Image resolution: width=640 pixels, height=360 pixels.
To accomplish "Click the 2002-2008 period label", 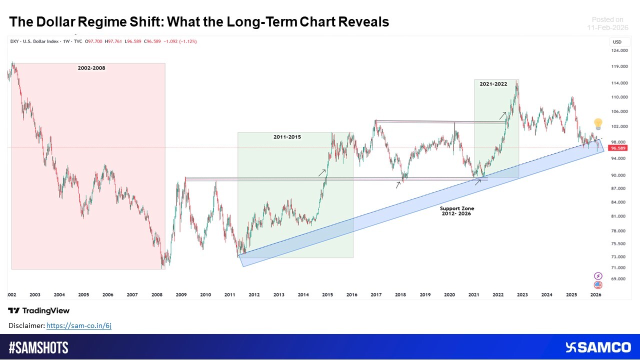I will coord(91,67).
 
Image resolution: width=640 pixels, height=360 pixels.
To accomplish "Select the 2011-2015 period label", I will coord(287,136).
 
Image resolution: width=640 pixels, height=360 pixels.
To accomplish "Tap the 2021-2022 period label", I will coord(493,84).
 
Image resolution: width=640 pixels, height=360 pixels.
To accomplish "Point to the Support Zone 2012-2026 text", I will coord(456,210).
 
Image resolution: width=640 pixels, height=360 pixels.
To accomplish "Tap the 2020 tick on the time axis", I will coord(449,295).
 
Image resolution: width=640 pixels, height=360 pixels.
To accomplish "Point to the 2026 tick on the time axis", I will coord(595,295).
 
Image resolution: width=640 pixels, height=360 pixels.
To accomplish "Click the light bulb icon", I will coord(597,124).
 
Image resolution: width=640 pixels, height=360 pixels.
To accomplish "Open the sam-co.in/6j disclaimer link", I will coord(78,325).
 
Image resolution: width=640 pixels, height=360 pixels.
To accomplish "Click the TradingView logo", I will coord(39,310).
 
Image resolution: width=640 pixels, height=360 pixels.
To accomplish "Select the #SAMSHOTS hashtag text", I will coord(38,347).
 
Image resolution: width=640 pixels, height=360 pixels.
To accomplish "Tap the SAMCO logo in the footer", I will coord(597,347).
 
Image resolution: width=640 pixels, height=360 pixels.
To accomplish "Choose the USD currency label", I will coord(617,41).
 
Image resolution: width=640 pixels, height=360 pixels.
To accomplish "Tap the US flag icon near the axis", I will coord(597,284).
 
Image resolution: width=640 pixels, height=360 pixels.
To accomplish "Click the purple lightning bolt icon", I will coord(597,275).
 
